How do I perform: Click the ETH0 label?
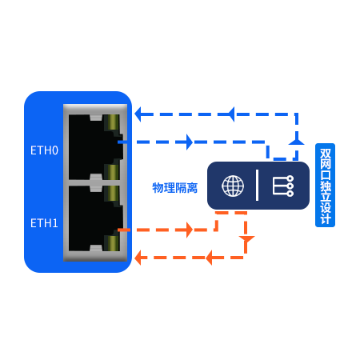coord(44,150)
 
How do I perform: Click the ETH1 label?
coord(44,223)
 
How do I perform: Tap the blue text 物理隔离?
coord(175,188)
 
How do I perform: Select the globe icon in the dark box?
coord(233,186)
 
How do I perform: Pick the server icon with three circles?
coord(283,186)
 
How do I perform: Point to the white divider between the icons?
coord(257,185)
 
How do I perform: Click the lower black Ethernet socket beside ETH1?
coord(95,218)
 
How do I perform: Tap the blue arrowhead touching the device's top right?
coord(138,114)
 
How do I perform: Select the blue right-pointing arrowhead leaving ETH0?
coord(190,142)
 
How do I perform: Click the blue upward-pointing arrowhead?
coord(297,142)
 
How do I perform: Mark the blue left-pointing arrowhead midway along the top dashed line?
coord(231,114)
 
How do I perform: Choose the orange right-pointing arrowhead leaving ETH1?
coord(190,230)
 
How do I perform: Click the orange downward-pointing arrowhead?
coord(246,239)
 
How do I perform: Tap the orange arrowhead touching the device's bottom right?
coord(138,258)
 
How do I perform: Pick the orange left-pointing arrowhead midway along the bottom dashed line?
coord(209,258)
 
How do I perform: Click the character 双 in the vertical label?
coord(326,153)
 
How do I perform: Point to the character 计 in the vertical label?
coord(326,219)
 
